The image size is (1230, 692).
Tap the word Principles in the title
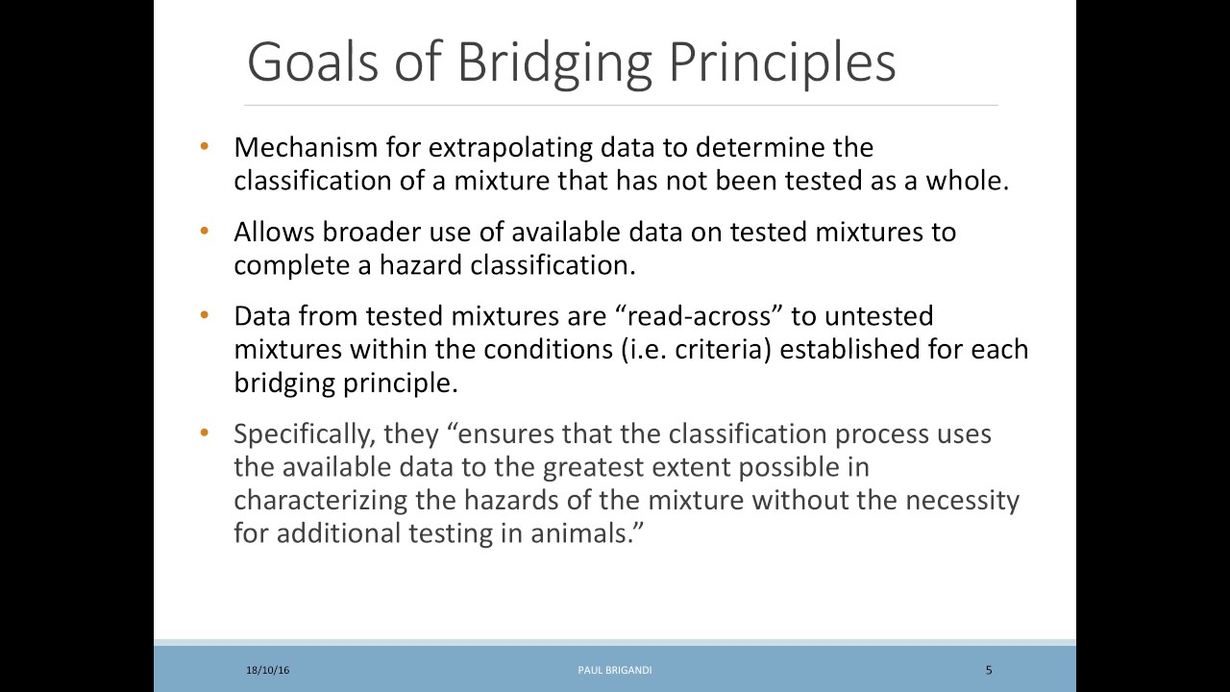tap(781, 63)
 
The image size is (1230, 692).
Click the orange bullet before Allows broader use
tap(204, 232)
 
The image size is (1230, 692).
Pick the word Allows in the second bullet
tap(274, 232)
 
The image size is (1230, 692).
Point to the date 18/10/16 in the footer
tap(267, 670)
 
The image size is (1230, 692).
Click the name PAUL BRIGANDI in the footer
tap(615, 670)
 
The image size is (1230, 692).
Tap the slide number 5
tap(989, 670)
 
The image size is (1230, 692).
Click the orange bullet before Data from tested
tap(204, 315)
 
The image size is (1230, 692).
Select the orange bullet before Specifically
tap(204, 433)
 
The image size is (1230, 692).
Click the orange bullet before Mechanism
tap(204, 147)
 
